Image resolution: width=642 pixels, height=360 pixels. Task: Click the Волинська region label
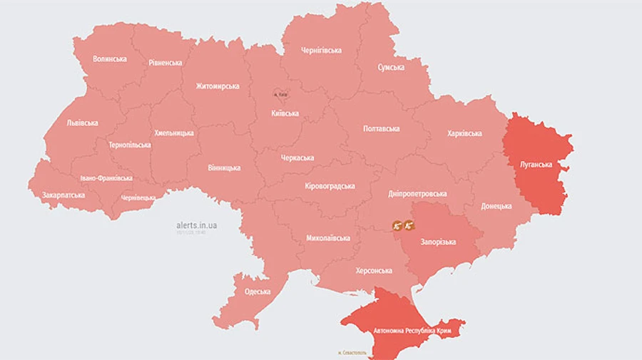(110, 58)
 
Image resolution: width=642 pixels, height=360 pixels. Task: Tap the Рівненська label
(165, 63)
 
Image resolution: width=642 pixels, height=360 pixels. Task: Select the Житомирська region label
(218, 86)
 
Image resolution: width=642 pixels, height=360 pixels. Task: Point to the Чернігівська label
(321, 51)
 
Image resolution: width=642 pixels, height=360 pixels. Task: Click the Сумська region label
(391, 68)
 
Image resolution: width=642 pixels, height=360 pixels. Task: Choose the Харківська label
(464, 133)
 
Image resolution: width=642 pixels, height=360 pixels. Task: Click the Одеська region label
(258, 292)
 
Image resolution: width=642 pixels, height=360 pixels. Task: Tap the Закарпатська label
(63, 195)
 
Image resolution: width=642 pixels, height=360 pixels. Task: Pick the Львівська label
(82, 123)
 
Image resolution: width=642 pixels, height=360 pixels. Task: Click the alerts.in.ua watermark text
(198, 225)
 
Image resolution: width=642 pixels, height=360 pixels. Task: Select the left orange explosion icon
(397, 226)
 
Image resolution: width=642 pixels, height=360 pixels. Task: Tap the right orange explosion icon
(409, 226)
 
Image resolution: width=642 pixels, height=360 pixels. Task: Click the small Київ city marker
(280, 94)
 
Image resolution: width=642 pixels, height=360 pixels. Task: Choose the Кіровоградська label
(330, 186)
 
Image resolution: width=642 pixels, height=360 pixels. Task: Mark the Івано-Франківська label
(106, 178)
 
